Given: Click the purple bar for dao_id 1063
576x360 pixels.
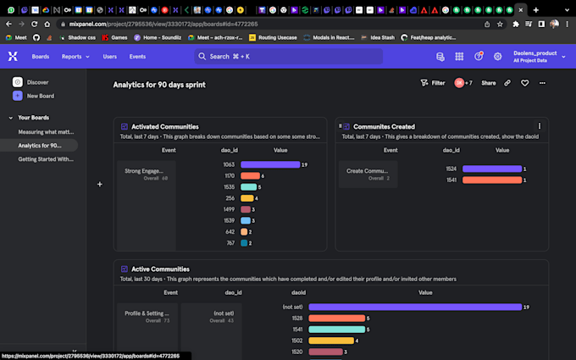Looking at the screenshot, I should pos(269,164).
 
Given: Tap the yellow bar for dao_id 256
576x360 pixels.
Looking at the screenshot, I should pos(247,198).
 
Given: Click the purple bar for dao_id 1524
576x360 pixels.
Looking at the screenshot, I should pos(491,169).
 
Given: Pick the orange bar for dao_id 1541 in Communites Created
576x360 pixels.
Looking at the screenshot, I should pos(491,180).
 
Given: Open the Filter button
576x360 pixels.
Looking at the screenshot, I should pos(433,83).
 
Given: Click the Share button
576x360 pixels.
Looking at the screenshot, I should pos(489,83).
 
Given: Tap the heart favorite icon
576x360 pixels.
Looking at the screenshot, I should pos(524,83).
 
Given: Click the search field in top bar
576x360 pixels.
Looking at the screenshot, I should pos(288,57).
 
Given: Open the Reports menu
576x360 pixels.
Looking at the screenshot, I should pos(75,57).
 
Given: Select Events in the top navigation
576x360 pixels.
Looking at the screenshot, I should pos(137,57).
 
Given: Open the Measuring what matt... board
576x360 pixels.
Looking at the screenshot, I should pos(45,132).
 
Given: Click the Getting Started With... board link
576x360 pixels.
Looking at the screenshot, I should pos(46,158).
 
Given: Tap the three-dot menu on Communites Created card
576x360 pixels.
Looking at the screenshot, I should pos(540,126).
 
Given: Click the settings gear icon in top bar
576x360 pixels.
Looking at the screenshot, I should pos(498,57).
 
